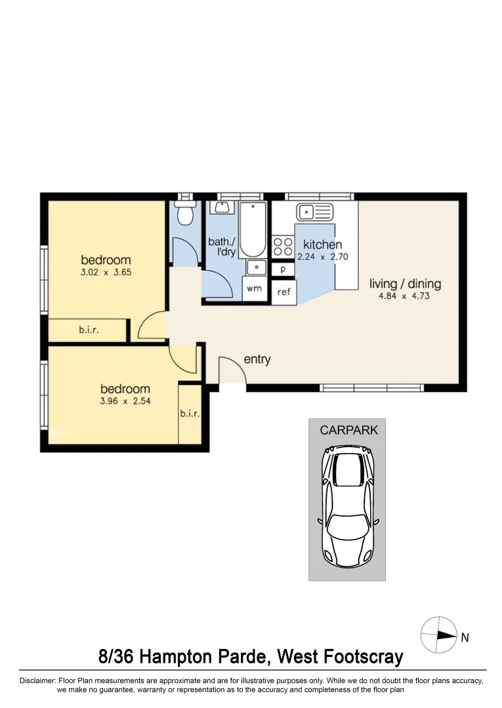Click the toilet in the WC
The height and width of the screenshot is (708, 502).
[185, 213]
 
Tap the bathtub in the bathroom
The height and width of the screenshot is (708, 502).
[253, 230]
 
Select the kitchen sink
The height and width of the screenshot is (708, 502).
[314, 212]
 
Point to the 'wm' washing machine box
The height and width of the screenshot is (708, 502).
[255, 288]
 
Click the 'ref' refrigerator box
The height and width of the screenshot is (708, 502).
[283, 292]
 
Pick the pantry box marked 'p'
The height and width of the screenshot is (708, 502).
[283, 269]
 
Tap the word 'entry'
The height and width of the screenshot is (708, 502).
[257, 359]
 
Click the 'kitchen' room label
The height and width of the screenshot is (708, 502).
[322, 245]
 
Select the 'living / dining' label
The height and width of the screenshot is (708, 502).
[406, 284]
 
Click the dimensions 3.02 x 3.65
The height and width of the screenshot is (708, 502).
[106, 272]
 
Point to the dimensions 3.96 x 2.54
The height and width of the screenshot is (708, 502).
[125, 401]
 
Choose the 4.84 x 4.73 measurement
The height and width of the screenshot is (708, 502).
[404, 296]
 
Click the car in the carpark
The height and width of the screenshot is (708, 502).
[347, 506]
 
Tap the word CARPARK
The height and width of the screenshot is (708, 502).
[349, 430]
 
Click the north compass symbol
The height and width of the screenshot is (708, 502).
[439, 635]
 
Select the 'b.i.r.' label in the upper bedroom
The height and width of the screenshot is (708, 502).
[89, 330]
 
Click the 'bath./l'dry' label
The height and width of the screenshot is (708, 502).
[222, 246]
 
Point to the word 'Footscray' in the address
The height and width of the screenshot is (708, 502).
[363, 656]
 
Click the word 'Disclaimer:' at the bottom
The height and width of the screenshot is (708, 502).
[37, 680]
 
